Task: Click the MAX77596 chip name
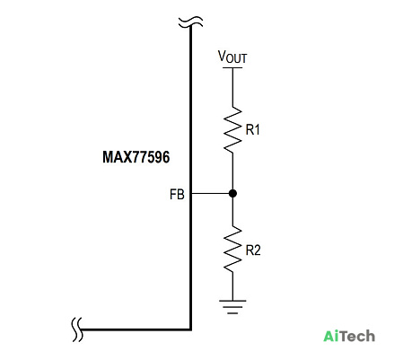[136, 157]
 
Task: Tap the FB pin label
[177, 195]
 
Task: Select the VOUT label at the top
[232, 57]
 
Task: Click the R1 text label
[252, 129]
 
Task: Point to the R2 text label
[253, 250]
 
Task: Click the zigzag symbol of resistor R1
[232, 129]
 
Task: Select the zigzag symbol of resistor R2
[232, 249]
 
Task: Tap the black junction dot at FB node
[232, 193]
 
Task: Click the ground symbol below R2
[232, 307]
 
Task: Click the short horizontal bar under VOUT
[232, 67]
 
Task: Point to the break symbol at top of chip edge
[190, 22]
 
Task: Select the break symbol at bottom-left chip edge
[77, 329]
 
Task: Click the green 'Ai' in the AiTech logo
[332, 336]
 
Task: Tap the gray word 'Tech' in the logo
[358, 336]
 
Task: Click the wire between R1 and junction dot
[232, 171]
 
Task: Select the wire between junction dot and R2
[232, 211]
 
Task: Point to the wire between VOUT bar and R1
[232, 87]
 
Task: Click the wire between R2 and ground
[232, 286]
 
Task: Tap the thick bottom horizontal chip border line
[136, 329]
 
